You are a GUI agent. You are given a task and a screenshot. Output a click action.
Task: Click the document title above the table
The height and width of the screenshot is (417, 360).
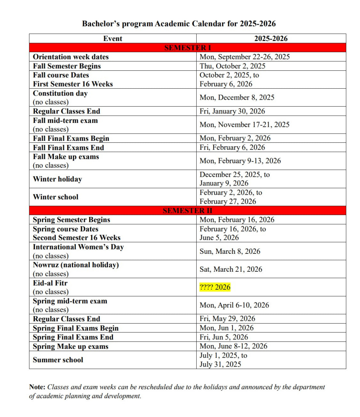[179, 24]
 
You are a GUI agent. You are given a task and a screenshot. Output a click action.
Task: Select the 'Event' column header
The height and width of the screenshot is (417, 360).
[113, 38]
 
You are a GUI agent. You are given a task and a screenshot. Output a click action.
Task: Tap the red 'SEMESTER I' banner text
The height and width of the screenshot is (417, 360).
[187, 48]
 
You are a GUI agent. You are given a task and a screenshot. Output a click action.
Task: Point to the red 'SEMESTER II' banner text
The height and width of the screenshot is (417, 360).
[187, 210]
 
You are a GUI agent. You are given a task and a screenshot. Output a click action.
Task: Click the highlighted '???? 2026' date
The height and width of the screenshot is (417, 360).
[215, 287]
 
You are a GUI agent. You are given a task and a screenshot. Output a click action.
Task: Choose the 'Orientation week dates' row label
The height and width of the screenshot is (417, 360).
[71, 57]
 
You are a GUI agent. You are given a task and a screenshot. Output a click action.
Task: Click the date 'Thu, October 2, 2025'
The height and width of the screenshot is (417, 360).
[232, 66]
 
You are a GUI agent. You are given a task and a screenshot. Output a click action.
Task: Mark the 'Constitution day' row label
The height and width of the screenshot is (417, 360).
[60, 93]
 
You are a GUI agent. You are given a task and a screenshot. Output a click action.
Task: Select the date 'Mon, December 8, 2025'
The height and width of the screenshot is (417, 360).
[237, 97]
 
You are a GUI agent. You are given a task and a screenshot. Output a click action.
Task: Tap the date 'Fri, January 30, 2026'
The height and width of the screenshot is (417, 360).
[232, 111]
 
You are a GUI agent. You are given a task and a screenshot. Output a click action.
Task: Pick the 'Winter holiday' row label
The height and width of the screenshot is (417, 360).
[57, 179]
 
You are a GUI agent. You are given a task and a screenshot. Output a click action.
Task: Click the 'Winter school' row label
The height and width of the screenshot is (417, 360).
[56, 197]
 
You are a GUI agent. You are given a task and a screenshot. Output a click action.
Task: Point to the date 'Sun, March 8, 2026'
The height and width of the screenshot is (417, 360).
[230, 251]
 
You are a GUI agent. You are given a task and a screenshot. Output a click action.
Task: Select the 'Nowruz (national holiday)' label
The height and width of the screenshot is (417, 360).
[76, 265]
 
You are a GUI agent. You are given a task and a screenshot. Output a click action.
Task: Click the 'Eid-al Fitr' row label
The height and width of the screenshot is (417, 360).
[50, 283]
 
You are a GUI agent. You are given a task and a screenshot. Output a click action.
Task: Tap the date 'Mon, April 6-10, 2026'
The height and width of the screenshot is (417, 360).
[234, 305]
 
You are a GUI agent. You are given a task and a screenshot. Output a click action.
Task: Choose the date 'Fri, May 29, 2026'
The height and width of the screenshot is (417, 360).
[227, 319]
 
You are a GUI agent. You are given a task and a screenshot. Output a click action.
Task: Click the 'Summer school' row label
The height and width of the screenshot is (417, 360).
[58, 360]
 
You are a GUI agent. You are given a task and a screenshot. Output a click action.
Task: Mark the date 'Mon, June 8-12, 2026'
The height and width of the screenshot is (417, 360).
[233, 346]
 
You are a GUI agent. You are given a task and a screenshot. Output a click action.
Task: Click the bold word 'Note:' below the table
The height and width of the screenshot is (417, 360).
[37, 387]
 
